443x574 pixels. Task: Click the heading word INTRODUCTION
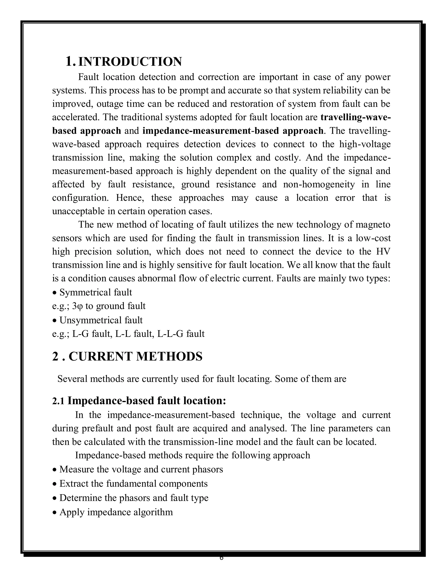coord(130,62)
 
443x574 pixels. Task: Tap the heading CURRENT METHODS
coord(135,356)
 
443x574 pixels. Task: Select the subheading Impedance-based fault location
coord(146,401)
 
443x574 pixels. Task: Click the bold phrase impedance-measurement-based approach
coord(233,131)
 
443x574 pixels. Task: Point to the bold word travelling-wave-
coord(355,117)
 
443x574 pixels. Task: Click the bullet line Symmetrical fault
coord(96,292)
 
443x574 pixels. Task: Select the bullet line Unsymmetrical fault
coord(101,320)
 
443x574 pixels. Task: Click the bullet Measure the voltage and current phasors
coord(141,469)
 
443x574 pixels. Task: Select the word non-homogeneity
coord(319,184)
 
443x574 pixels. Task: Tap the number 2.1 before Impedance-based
coord(58,401)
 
